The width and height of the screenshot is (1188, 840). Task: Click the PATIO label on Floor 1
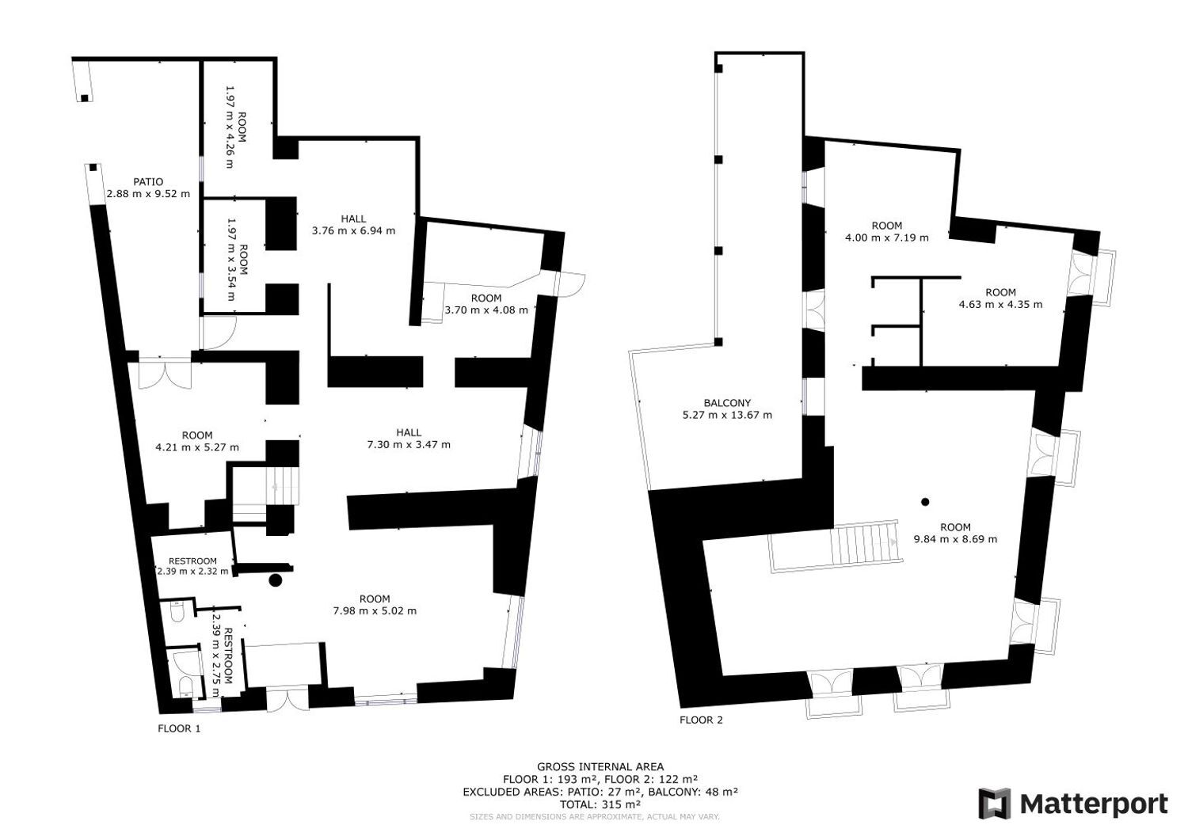coord(148,182)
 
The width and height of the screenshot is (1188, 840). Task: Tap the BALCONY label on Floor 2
coord(726,403)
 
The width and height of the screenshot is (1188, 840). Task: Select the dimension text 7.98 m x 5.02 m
coord(374,610)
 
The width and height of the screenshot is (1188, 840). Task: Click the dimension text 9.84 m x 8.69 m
coord(955,539)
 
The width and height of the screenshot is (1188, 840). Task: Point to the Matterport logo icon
coord(995,804)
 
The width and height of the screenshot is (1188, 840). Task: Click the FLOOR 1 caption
coord(179,728)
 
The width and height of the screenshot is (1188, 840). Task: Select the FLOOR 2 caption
coord(701,720)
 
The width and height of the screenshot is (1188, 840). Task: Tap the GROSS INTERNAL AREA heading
coord(600,766)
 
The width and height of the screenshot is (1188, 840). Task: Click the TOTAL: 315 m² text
coord(600,804)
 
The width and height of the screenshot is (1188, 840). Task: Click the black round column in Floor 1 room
coord(275,580)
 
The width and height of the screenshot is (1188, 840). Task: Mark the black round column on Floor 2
coord(925,502)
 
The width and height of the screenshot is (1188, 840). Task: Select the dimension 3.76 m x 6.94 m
coord(353,231)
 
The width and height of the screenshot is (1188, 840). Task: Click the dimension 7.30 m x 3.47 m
coord(409,444)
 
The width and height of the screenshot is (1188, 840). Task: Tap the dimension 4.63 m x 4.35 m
coord(1000,304)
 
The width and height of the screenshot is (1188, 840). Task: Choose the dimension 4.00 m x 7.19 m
coord(886,238)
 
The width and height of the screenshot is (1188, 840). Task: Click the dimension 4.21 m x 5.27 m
coord(197,447)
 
